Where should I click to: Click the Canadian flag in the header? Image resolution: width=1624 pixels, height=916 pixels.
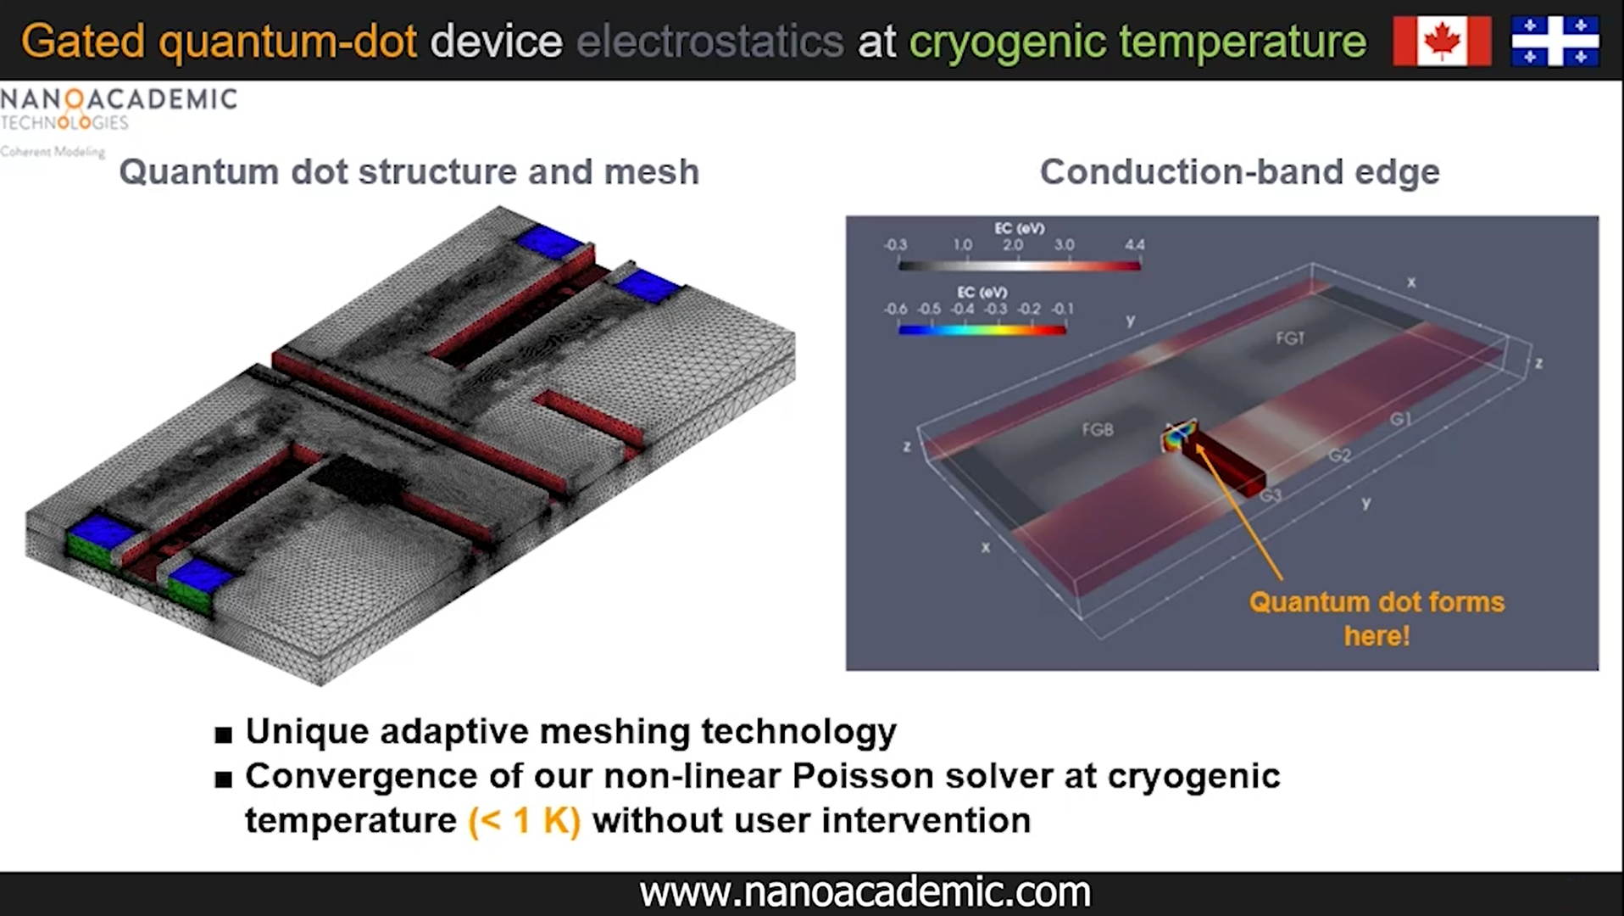(x=1442, y=41)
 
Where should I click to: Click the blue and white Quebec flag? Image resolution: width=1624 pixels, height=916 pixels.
(x=1554, y=41)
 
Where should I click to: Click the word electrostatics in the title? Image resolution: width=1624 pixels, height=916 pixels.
(x=709, y=42)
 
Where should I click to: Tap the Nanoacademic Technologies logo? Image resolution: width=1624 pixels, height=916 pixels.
(x=119, y=110)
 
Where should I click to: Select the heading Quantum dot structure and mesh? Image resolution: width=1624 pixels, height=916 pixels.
(x=409, y=172)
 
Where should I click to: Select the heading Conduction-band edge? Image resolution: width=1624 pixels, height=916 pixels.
(x=1239, y=172)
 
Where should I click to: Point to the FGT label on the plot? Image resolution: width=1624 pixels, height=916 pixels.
(x=1290, y=338)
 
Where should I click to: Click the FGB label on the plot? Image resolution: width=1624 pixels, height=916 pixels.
(x=1098, y=430)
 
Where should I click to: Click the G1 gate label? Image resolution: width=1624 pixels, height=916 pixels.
(x=1400, y=419)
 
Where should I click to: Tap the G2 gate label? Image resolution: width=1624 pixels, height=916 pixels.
(x=1339, y=455)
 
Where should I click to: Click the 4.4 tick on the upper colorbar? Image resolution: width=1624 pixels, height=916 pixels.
(x=1134, y=245)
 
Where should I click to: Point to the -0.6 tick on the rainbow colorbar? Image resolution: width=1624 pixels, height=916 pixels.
(x=895, y=309)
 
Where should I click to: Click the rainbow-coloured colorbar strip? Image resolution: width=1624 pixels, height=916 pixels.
(x=982, y=330)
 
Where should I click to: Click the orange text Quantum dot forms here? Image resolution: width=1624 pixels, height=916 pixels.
(x=1377, y=618)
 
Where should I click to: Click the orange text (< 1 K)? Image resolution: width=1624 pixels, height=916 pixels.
(x=525, y=821)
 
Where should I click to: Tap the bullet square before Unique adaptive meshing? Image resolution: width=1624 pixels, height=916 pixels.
(x=224, y=734)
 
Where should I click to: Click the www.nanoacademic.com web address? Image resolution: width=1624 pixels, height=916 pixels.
(x=865, y=892)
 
